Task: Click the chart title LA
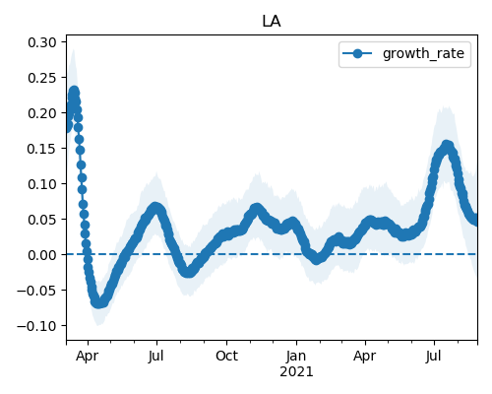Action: click(x=272, y=22)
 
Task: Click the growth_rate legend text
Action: click(x=423, y=53)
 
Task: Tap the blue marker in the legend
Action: click(x=357, y=53)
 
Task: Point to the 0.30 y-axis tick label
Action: click(x=42, y=42)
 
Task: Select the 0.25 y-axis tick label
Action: click(x=42, y=78)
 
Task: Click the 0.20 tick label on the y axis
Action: click(x=42, y=113)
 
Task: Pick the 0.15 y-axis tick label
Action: click(x=42, y=149)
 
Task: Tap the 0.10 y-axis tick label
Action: click(x=42, y=184)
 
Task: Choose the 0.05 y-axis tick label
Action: click(x=42, y=220)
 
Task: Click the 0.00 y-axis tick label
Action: click(x=42, y=255)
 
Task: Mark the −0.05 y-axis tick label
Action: click(x=36, y=291)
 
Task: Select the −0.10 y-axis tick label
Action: click(x=36, y=326)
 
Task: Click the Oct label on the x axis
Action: click(x=226, y=356)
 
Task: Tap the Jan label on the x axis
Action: click(x=296, y=356)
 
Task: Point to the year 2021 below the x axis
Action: click(x=296, y=372)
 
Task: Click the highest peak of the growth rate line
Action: click(x=74, y=92)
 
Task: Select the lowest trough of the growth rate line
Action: click(x=98, y=302)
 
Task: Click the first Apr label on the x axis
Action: click(x=87, y=356)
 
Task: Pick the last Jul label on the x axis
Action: click(x=434, y=356)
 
